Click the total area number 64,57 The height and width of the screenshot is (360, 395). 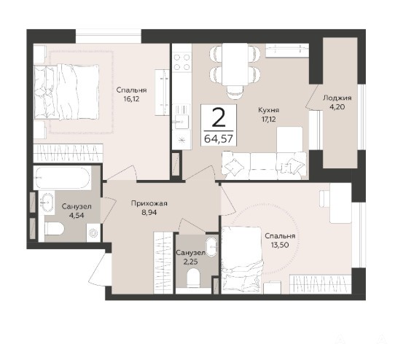(219, 138)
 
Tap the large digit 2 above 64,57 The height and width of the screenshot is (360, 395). (219, 118)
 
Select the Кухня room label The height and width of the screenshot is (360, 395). (268, 110)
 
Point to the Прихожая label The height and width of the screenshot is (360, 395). (149, 203)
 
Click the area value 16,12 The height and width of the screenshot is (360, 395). (131, 99)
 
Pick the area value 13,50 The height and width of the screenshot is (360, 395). (280, 244)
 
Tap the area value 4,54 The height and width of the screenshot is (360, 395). (77, 215)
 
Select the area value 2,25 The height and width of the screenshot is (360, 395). (190, 262)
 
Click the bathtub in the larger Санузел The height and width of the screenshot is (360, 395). (62, 178)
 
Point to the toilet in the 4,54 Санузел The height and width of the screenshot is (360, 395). (54, 230)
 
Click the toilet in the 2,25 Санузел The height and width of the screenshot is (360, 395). (194, 278)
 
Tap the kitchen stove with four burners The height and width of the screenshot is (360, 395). (182, 62)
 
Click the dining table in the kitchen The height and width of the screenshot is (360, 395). (235, 64)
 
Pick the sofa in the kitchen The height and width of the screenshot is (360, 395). (265, 165)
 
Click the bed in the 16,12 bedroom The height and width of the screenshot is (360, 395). (66, 92)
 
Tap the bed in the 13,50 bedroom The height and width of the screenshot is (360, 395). (242, 260)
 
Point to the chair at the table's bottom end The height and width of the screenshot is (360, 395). (235, 93)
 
